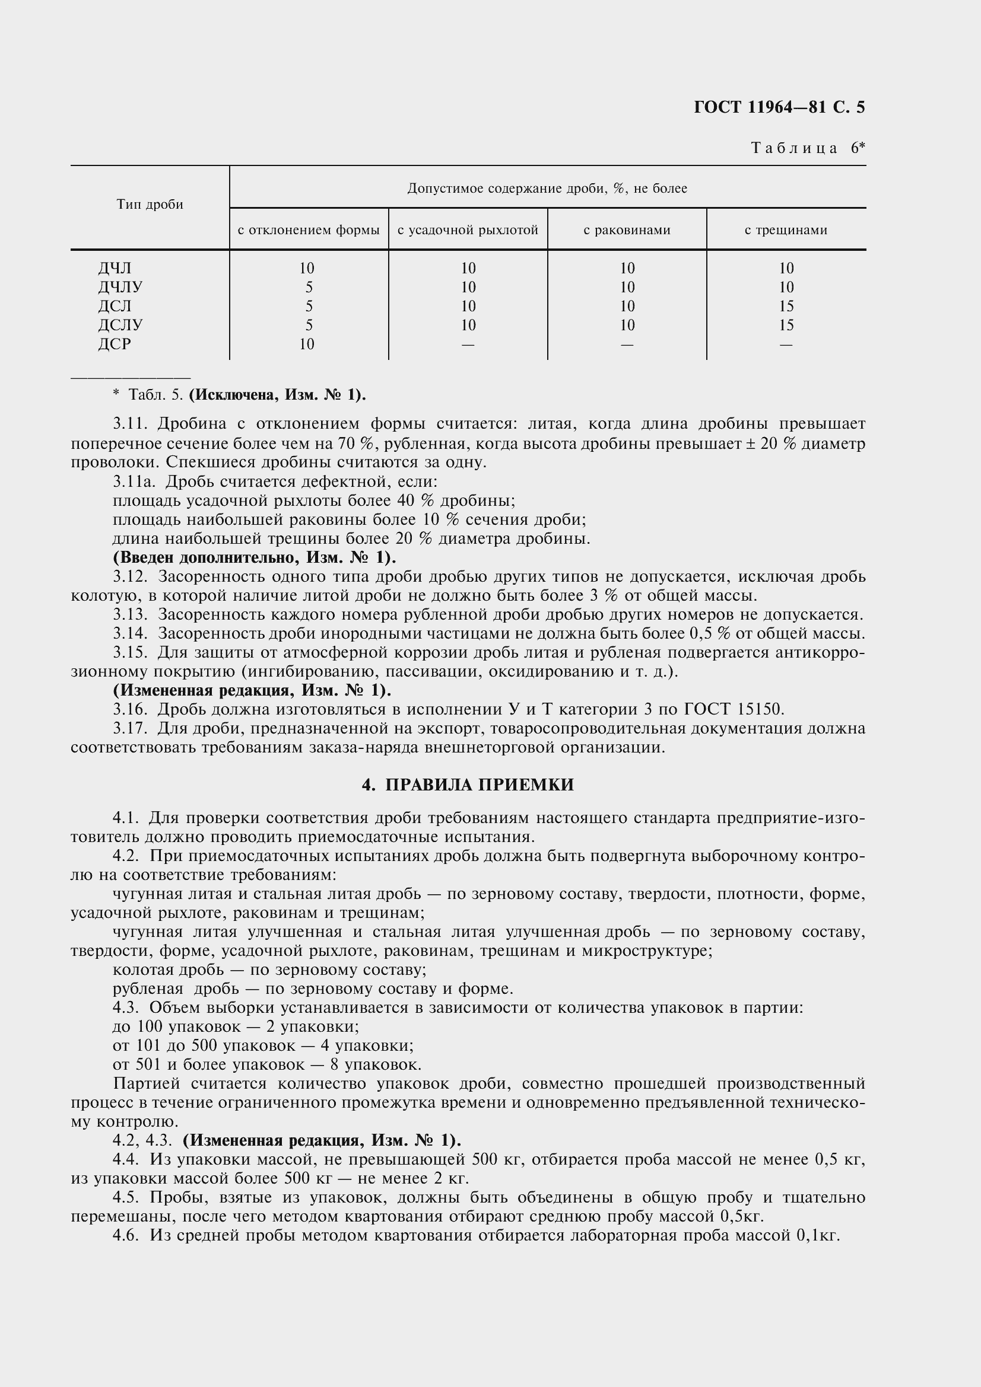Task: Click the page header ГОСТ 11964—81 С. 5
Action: [x=779, y=107]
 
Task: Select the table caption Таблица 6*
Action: [x=808, y=148]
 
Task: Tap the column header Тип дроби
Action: [x=150, y=204]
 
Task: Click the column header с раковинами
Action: [x=627, y=230]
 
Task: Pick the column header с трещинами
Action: [x=786, y=230]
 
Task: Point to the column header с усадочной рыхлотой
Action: [x=468, y=230]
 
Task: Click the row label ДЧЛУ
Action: [x=120, y=287]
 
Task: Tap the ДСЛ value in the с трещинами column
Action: [x=786, y=306]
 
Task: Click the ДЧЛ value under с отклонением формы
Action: [x=306, y=268]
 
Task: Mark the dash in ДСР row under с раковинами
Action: [x=627, y=345]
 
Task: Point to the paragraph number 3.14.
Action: [x=130, y=634]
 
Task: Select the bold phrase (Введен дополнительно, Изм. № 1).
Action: [x=255, y=557]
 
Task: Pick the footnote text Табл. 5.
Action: [x=155, y=395]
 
